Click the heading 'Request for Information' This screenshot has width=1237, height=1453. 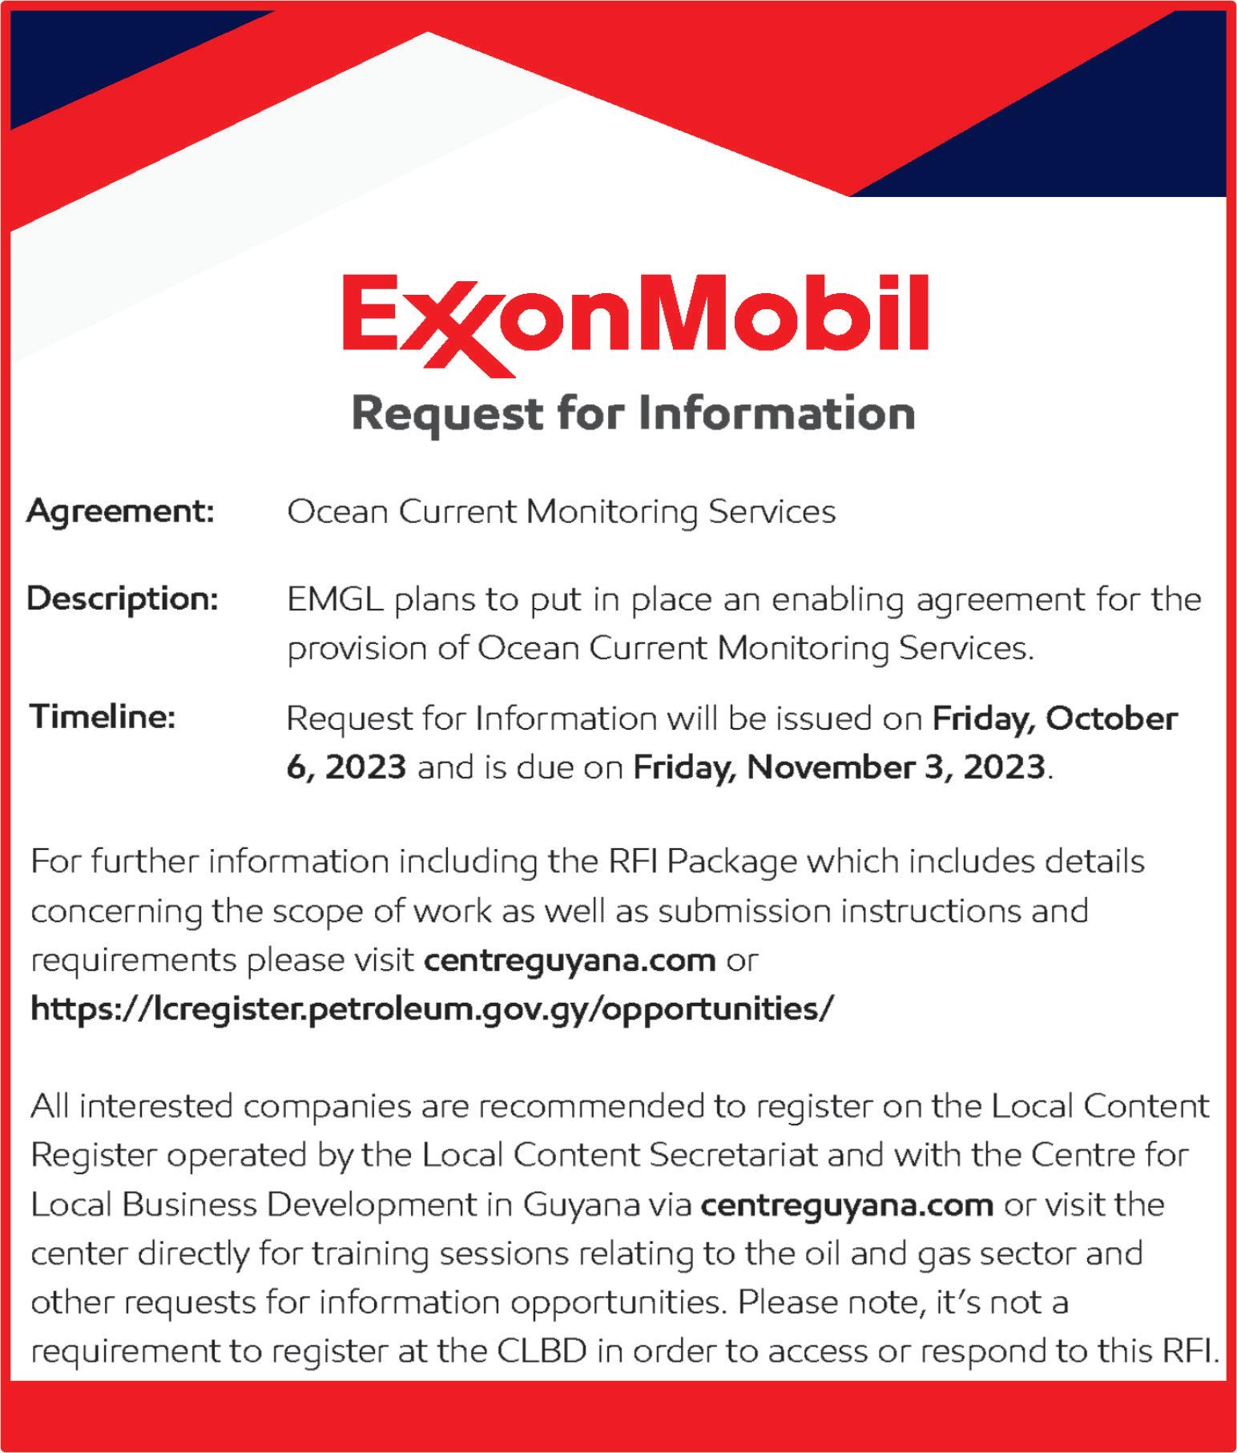click(633, 414)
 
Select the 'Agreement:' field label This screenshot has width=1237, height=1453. click(120, 511)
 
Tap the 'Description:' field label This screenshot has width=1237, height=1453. click(123, 598)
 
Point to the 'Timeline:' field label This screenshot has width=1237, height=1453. click(103, 716)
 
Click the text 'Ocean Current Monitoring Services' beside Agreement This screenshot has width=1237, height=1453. click(561, 512)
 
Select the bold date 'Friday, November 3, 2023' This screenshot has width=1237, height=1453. click(839, 767)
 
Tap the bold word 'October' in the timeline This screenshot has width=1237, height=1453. click(1111, 718)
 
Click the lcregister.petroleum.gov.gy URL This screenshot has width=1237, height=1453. click(432, 1008)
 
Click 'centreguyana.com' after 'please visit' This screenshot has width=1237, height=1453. click(569, 960)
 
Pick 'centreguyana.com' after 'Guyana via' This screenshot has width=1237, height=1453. click(847, 1205)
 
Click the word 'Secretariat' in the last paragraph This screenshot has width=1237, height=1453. click(734, 1156)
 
